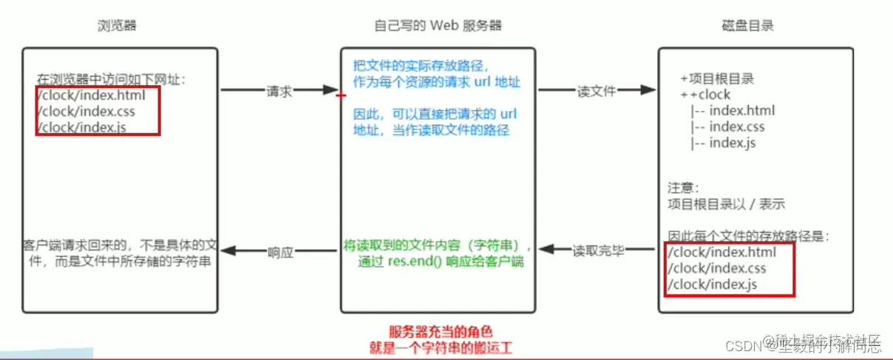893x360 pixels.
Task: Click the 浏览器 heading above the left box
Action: click(117, 26)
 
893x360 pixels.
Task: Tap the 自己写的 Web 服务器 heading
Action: click(438, 26)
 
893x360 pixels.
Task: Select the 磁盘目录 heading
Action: click(747, 26)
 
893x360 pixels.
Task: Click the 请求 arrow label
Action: click(279, 91)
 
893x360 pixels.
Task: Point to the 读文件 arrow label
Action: click(597, 91)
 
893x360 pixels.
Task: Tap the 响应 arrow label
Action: click(280, 251)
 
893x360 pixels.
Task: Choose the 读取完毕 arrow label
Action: click(598, 251)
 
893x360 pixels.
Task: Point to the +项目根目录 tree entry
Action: click(717, 78)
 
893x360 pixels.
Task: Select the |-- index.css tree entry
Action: click(727, 126)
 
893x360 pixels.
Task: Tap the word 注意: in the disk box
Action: click(683, 189)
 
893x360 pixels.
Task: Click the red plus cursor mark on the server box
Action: click(340, 96)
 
